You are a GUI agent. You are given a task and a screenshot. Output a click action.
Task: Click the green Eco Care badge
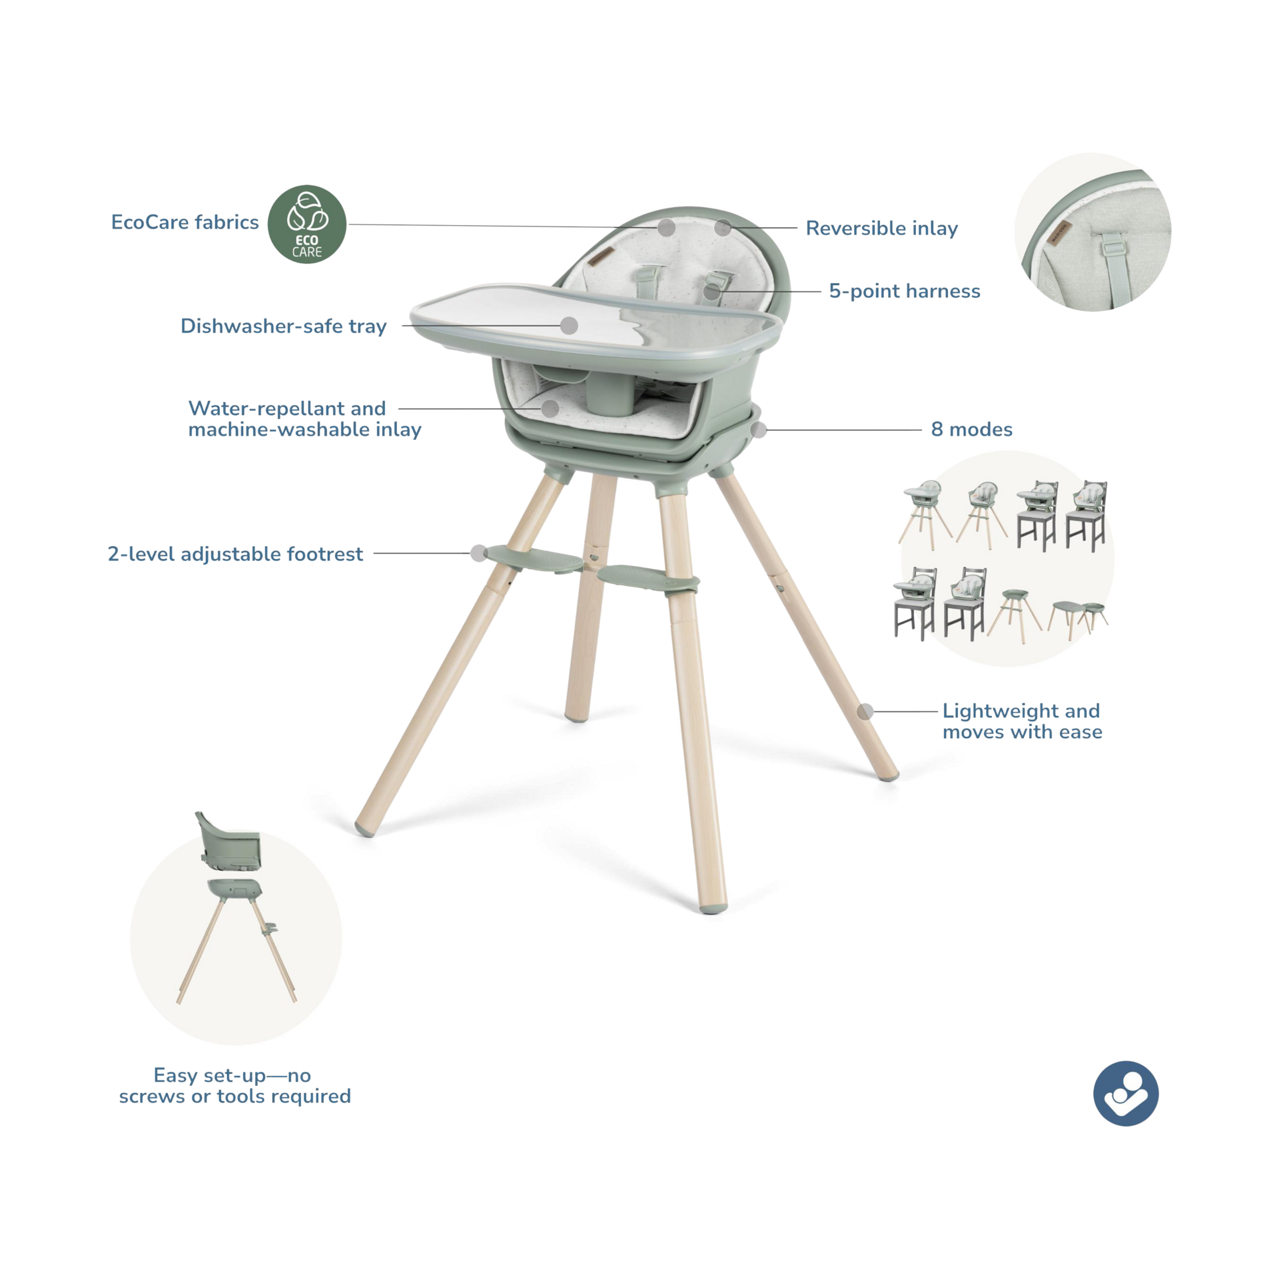click(306, 224)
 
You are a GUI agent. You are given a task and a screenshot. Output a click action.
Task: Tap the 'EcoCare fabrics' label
click(185, 222)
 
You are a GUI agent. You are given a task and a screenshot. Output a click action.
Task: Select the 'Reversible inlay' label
click(881, 228)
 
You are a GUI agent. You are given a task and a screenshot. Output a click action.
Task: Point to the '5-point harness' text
click(904, 290)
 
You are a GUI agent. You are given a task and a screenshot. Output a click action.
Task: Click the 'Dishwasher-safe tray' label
click(283, 326)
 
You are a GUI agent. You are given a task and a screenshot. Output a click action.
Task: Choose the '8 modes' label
click(971, 429)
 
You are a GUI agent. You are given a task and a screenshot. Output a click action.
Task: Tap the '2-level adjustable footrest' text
click(235, 554)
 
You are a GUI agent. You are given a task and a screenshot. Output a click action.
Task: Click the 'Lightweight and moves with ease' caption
click(1022, 721)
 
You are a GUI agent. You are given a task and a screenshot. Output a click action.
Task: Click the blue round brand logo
click(1125, 1093)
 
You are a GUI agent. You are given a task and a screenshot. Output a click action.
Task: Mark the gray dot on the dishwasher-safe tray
click(569, 325)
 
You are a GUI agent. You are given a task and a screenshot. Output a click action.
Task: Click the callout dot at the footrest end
click(478, 553)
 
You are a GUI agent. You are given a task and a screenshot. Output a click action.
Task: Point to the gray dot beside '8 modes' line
click(759, 430)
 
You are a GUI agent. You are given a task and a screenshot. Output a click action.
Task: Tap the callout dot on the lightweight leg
click(865, 711)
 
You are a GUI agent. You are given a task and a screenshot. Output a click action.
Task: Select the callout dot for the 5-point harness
click(711, 291)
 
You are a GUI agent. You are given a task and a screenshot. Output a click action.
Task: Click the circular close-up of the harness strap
click(1092, 232)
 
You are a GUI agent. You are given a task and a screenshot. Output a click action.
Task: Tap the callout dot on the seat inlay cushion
click(550, 408)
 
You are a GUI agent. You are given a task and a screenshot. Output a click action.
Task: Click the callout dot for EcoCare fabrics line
click(666, 227)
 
